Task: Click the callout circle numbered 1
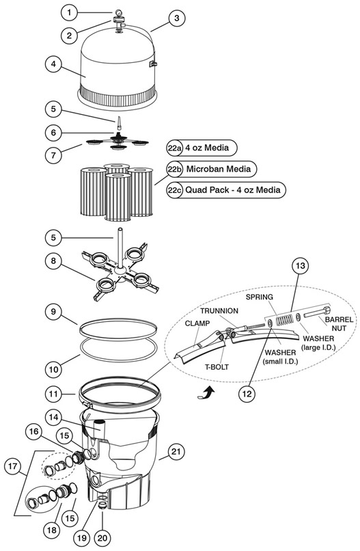(69, 13)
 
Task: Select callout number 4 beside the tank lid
(53, 64)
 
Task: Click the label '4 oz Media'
(207, 148)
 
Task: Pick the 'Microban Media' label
(219, 169)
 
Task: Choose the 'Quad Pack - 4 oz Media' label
(233, 190)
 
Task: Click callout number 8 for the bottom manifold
(53, 261)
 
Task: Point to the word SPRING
(259, 297)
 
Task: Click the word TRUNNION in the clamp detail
(219, 310)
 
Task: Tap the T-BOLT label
(217, 367)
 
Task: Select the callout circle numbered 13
(301, 266)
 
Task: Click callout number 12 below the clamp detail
(247, 394)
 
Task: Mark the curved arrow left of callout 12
(208, 391)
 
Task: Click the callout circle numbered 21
(176, 451)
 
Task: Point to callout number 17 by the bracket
(13, 466)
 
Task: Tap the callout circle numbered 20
(102, 538)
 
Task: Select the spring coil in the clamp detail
(283, 320)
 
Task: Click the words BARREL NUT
(339, 323)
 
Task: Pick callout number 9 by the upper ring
(53, 311)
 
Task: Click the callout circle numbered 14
(53, 418)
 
